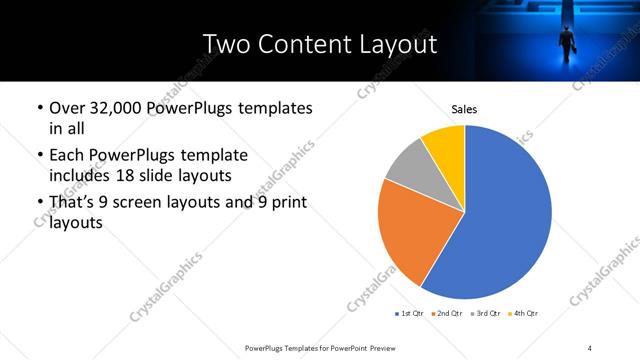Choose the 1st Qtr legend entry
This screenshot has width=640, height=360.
411,314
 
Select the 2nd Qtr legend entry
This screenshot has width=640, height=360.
447,314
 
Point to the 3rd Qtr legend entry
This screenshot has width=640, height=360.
485,314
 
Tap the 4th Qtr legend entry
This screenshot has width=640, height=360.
523,314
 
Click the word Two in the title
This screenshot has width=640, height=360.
227,44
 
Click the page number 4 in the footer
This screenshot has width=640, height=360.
589,347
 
